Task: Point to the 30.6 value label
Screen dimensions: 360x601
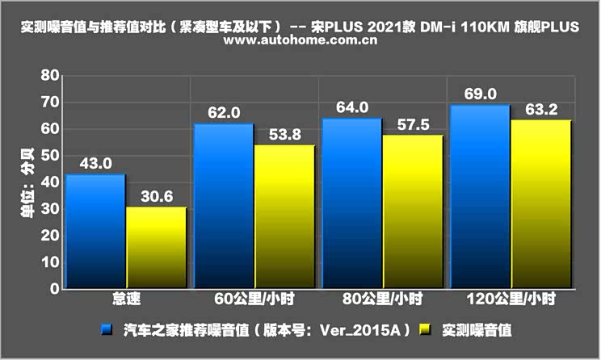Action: (156, 196)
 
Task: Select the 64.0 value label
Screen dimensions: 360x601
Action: (352, 107)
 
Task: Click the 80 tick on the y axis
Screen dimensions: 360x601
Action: (50, 75)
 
